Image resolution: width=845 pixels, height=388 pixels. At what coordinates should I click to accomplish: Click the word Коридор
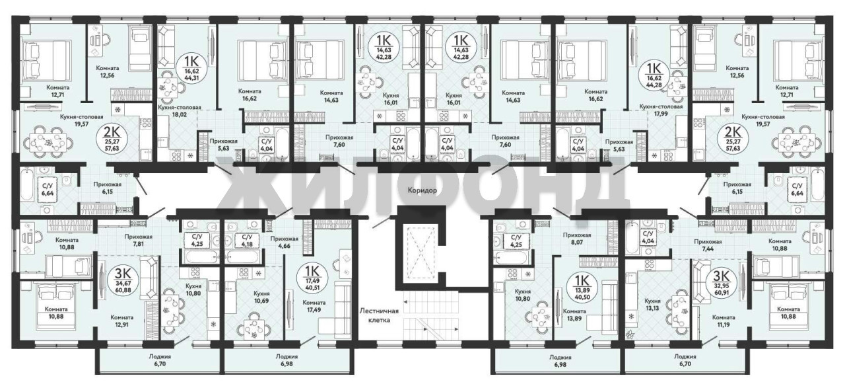coord(422,190)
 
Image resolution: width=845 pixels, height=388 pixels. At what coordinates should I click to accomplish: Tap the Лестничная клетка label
coord(379,315)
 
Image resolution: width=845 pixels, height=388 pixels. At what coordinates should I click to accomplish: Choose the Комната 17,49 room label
coord(314,307)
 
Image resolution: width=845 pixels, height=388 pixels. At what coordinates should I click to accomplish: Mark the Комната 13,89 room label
coord(574,315)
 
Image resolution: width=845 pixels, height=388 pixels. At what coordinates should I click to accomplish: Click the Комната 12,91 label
coord(122,321)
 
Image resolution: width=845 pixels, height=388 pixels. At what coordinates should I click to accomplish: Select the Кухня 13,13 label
coord(653,305)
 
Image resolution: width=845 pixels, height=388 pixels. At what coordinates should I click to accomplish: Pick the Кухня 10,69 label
coord(261,297)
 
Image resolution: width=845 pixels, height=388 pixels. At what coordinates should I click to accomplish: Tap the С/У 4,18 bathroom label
coord(247,241)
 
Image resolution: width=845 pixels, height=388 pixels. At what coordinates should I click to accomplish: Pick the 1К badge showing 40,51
coord(313,278)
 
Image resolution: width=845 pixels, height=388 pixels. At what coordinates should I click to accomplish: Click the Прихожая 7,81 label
coord(139,241)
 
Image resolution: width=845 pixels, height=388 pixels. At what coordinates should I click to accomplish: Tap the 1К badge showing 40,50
coord(582,287)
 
